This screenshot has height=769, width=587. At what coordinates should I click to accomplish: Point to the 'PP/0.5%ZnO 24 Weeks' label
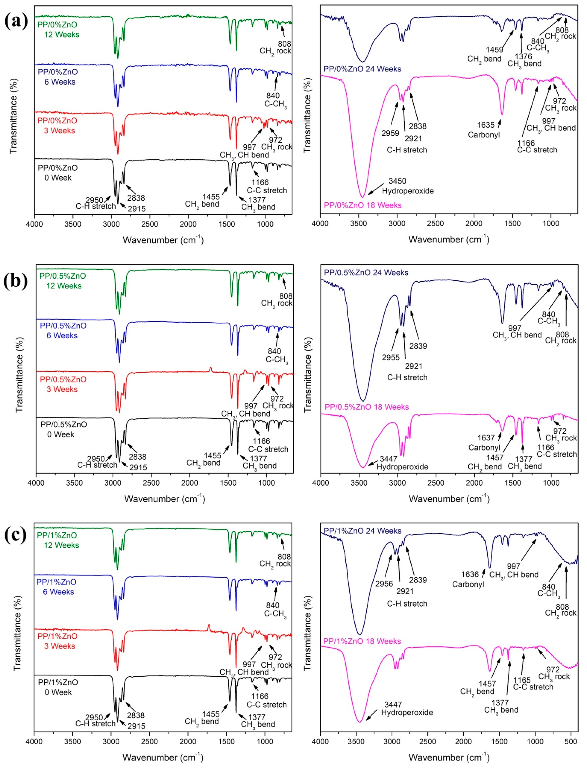click(366, 272)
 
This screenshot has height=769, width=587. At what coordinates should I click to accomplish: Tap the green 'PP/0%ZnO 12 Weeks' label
click(58, 30)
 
